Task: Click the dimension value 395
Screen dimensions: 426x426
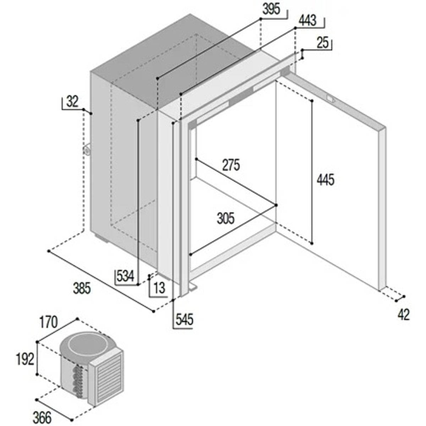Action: (x=271, y=9)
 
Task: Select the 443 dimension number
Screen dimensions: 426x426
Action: (x=307, y=21)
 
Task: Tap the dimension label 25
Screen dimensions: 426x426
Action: (x=322, y=43)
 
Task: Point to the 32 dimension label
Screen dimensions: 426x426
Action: (x=72, y=102)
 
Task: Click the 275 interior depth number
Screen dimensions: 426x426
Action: (x=231, y=165)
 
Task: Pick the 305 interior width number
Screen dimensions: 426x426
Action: (x=226, y=218)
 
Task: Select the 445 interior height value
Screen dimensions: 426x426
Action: (x=326, y=180)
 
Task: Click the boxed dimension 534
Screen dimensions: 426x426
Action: (x=125, y=276)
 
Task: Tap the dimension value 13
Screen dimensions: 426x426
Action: (x=160, y=288)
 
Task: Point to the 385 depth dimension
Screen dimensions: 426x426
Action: (x=82, y=288)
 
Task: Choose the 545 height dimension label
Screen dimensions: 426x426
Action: (x=184, y=319)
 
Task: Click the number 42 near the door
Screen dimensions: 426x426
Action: (x=403, y=315)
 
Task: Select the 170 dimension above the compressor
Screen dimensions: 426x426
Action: (x=48, y=322)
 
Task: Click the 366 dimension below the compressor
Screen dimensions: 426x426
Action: (x=42, y=417)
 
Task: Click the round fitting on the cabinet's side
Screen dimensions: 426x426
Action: (x=87, y=150)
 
